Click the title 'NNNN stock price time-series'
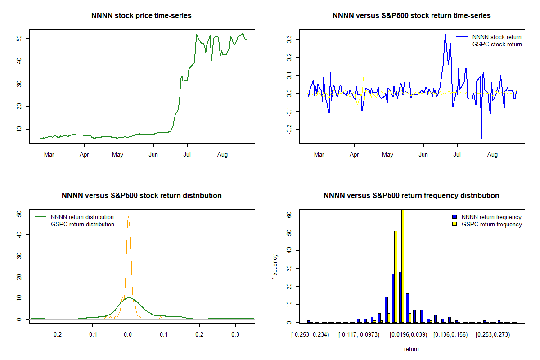[141, 16]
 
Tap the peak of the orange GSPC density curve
[128, 217]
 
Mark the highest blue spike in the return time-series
[445, 33]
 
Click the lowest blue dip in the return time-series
[481, 139]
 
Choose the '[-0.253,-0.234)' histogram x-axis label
[310, 335]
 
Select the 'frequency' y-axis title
[275, 267]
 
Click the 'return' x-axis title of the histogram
[411, 349]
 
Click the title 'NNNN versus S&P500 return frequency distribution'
[411, 196]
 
